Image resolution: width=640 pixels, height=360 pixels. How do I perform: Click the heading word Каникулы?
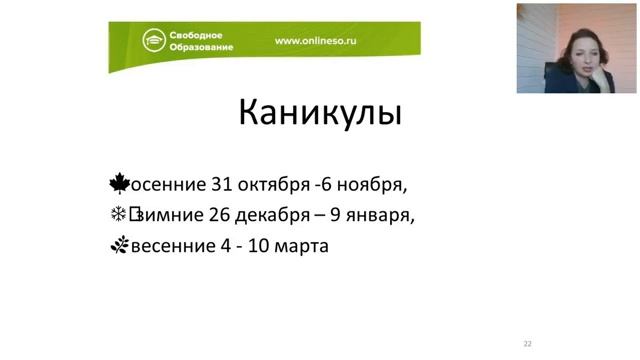[x=320, y=111]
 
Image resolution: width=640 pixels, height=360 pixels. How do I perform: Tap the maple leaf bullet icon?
[x=120, y=183]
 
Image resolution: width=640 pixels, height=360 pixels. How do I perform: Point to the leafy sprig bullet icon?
[x=119, y=244]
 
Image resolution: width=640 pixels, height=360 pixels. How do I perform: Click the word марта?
[x=302, y=245]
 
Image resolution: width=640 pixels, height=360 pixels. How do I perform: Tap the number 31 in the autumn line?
[x=223, y=185]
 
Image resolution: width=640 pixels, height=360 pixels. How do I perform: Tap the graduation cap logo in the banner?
[x=153, y=41]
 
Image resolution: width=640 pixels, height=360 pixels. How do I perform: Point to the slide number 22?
[x=527, y=343]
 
